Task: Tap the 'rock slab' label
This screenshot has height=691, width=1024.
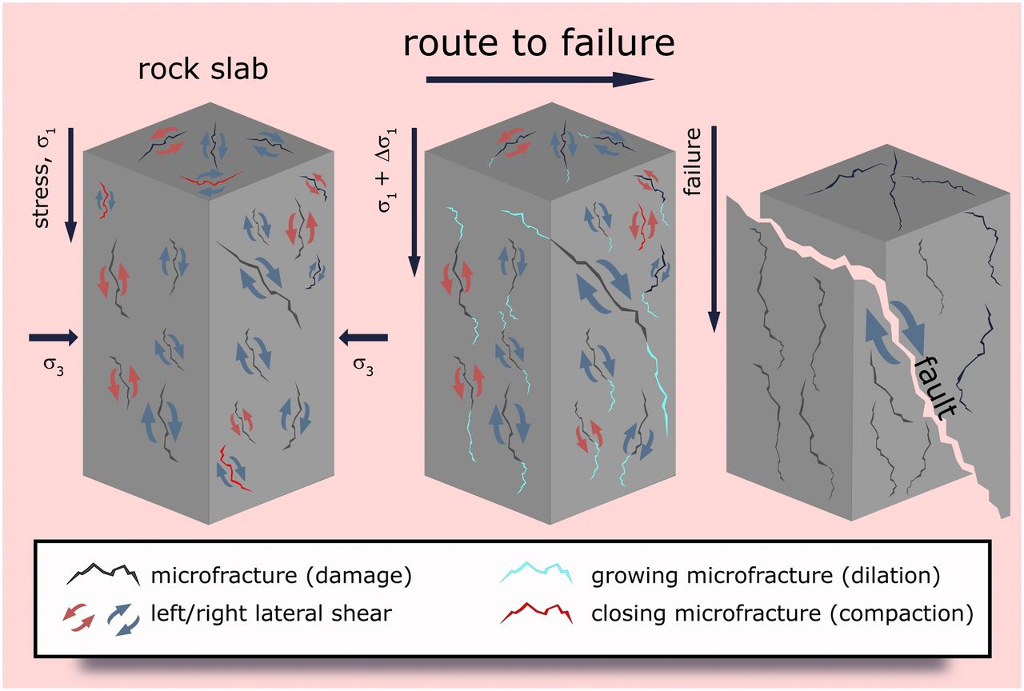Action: click(x=203, y=69)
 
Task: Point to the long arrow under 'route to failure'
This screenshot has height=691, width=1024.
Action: click(x=540, y=78)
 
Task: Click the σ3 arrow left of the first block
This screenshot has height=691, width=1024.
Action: click(x=54, y=338)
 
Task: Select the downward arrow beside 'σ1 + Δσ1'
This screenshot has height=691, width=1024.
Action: click(x=414, y=200)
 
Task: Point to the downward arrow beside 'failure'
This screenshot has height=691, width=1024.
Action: click(x=714, y=228)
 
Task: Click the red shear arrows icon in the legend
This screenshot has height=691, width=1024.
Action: click(x=77, y=616)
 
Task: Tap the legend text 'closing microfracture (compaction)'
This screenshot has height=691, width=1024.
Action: click(x=782, y=614)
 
